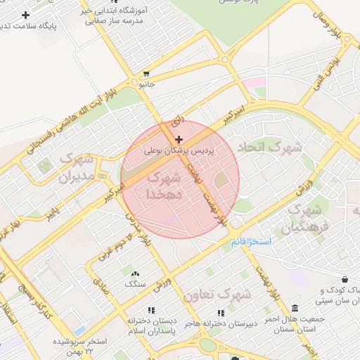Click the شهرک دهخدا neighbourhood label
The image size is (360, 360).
[167, 185]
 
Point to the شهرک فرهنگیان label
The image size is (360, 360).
[305, 219]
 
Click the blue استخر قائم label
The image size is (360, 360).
[251, 242]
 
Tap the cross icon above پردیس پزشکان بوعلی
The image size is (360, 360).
[179, 140]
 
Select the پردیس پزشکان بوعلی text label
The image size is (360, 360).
[178, 150]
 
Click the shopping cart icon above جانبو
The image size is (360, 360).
[146, 74]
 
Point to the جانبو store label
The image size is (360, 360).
[146, 84]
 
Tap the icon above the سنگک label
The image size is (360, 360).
[134, 273]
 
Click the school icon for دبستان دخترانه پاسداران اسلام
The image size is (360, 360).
[150, 309]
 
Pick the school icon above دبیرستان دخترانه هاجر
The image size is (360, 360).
[220, 312]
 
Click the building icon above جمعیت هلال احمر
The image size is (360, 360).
[294, 308]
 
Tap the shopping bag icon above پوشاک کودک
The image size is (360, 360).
[344, 279]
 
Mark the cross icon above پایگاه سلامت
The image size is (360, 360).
[26, 15]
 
